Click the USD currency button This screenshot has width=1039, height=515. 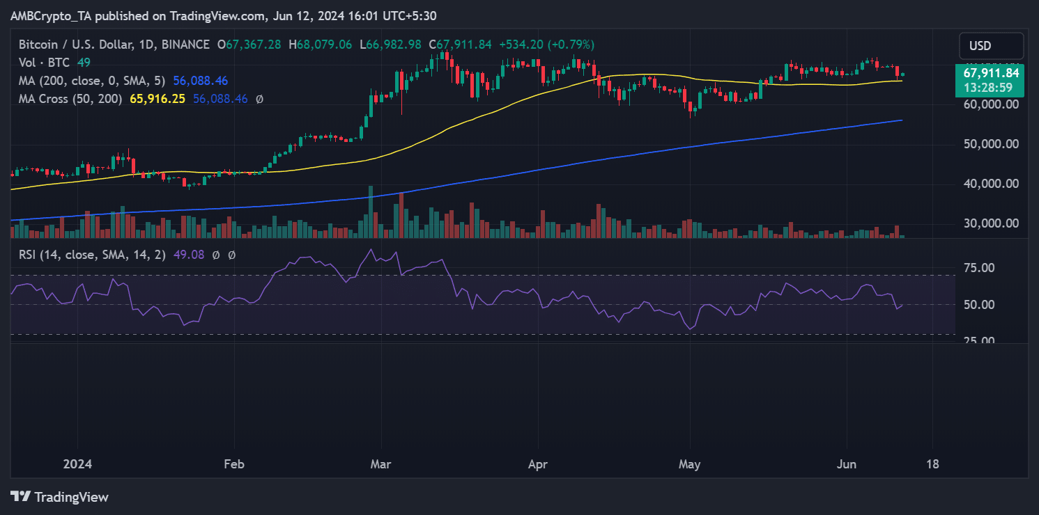(990, 47)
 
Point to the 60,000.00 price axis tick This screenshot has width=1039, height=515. (991, 104)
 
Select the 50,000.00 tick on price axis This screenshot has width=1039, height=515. (991, 144)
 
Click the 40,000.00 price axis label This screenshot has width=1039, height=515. (991, 184)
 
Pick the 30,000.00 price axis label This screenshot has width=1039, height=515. (991, 223)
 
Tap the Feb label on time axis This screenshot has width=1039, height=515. (234, 464)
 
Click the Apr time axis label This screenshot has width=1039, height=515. (537, 464)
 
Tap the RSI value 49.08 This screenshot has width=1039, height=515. (191, 255)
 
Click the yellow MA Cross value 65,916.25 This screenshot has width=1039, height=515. (157, 99)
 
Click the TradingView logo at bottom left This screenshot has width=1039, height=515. (60, 497)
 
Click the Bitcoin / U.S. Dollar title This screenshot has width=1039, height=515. (77, 45)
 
